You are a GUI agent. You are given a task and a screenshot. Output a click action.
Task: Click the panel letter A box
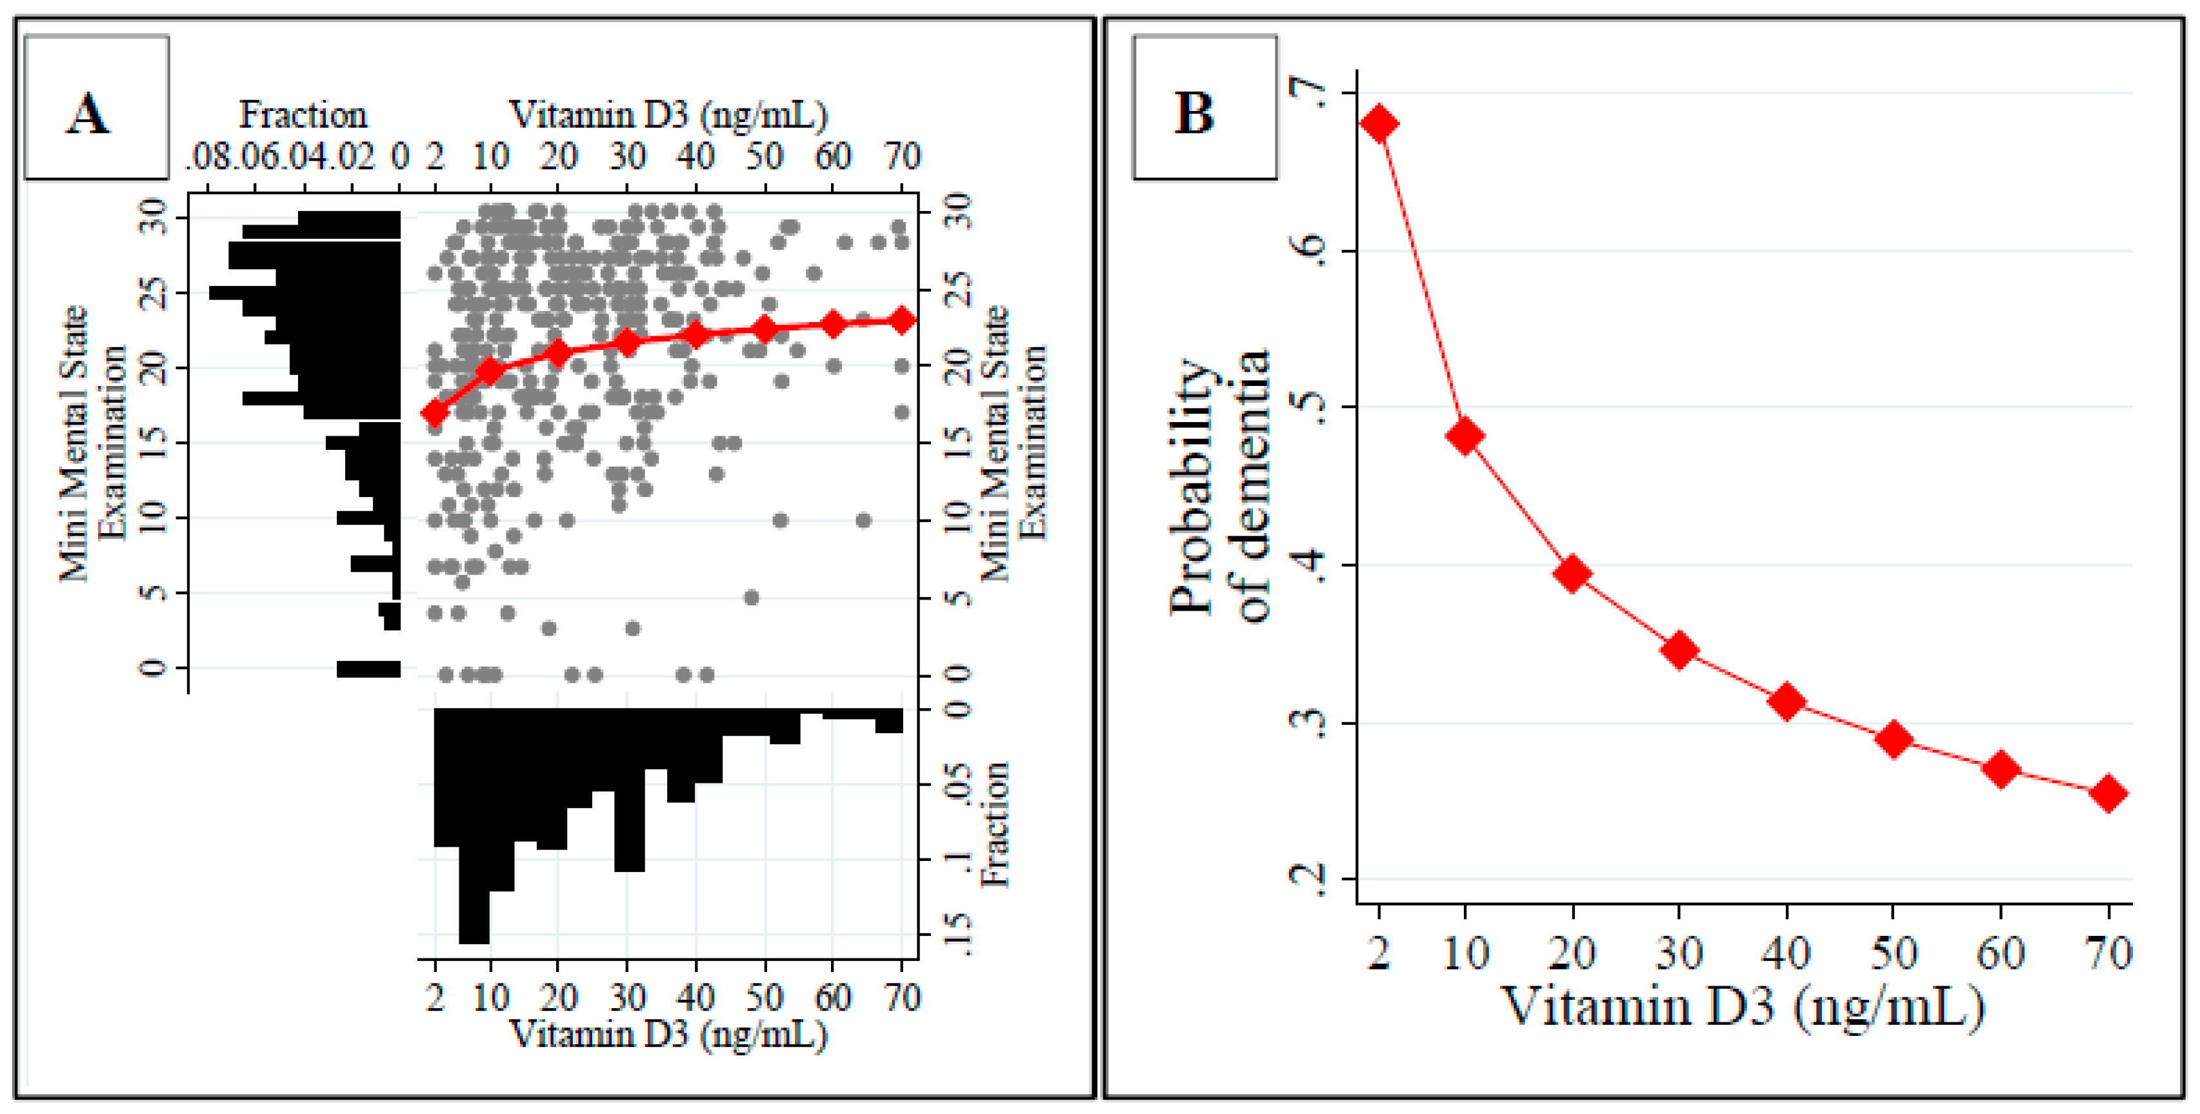(x=95, y=108)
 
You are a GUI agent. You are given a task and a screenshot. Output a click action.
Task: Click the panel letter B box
(x=1204, y=108)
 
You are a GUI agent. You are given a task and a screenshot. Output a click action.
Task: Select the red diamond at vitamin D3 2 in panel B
(x=1379, y=124)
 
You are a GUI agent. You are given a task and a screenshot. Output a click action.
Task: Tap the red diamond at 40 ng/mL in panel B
(x=1786, y=702)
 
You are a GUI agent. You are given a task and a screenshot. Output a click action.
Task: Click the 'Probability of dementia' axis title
(x=1219, y=487)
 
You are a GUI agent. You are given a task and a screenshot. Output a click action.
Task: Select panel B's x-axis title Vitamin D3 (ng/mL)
(x=1742, y=1006)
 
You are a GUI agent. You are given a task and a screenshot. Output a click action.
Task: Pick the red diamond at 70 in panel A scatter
(x=902, y=320)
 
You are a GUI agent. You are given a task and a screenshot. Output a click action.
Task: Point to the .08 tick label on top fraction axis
(x=208, y=156)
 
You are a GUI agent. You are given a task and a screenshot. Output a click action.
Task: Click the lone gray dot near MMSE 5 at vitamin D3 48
(x=751, y=597)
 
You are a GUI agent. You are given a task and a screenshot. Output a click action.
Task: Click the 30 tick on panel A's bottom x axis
(x=627, y=997)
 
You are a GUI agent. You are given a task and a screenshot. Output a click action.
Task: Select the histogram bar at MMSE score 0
(x=368, y=668)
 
